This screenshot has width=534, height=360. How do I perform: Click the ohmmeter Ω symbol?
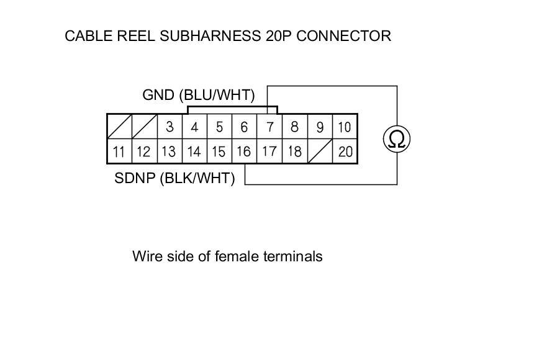pyautogui.click(x=397, y=138)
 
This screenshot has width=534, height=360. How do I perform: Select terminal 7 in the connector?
pyautogui.click(x=269, y=127)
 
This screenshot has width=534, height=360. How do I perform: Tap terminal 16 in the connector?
pyautogui.click(x=244, y=151)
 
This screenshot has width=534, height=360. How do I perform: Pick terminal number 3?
pyautogui.click(x=170, y=127)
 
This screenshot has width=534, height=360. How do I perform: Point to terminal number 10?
pyautogui.click(x=344, y=127)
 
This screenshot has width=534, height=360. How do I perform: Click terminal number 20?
pyautogui.click(x=345, y=151)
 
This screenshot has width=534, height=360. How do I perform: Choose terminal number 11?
pyautogui.click(x=119, y=151)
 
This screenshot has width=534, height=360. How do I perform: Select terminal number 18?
pyautogui.click(x=294, y=151)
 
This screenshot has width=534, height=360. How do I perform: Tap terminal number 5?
pyautogui.click(x=219, y=127)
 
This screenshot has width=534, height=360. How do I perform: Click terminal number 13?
pyautogui.click(x=168, y=151)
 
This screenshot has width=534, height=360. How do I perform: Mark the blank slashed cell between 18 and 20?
pyautogui.click(x=320, y=151)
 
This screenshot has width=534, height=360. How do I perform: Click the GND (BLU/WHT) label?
pyautogui.click(x=199, y=96)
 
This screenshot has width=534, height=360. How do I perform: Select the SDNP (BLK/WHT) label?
pyautogui.click(x=175, y=179)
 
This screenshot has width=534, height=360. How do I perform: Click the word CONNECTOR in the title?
pyautogui.click(x=343, y=35)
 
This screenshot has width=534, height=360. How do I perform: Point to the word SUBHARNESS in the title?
pyautogui.click(x=210, y=35)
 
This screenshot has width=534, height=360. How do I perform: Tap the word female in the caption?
pyautogui.click(x=237, y=256)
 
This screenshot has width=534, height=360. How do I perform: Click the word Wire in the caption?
pyautogui.click(x=147, y=256)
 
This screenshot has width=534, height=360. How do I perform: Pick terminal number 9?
pyautogui.click(x=320, y=127)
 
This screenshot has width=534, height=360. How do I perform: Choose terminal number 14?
pyautogui.click(x=194, y=151)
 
